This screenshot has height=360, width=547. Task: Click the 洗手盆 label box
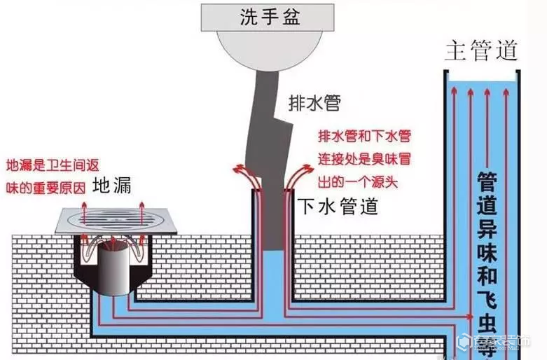click(x=268, y=18)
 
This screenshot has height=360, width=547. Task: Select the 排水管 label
click(x=314, y=103)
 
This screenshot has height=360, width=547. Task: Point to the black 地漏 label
click(x=111, y=185)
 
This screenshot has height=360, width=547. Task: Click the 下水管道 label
click(x=338, y=206)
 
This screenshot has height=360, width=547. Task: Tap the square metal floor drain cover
click(x=116, y=221)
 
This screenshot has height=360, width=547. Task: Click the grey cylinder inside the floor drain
click(x=113, y=268)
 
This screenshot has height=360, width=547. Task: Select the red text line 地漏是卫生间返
click(x=53, y=165)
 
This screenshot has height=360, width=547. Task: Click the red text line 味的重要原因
click(x=46, y=188)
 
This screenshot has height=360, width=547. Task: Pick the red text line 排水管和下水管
click(x=365, y=136)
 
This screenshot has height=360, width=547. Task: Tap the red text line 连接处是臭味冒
click(x=364, y=159)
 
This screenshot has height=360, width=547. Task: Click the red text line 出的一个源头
click(x=358, y=182)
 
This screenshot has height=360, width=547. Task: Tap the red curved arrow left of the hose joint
click(x=247, y=176)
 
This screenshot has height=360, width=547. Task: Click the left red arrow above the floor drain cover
click(x=84, y=213)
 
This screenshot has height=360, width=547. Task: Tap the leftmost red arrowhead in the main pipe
click(x=454, y=90)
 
